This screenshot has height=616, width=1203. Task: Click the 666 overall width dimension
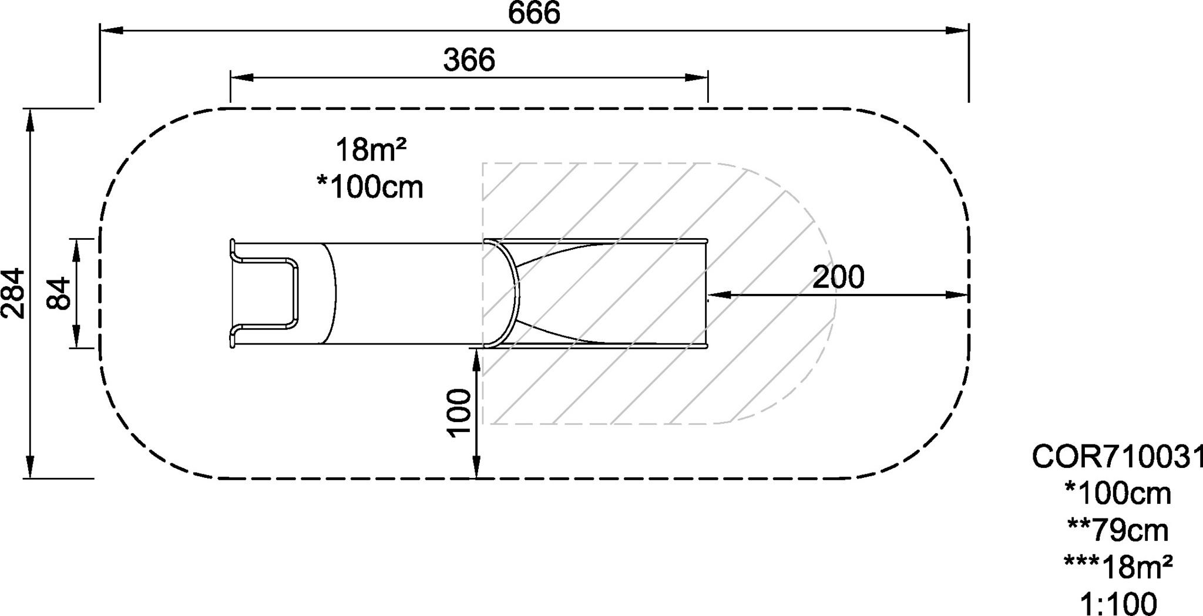point(534,13)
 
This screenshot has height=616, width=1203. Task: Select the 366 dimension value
point(469,60)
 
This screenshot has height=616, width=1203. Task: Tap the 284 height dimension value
point(13,293)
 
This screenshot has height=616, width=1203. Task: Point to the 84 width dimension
point(59,293)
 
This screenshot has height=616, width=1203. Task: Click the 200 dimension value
point(838,277)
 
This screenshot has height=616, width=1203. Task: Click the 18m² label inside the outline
point(371,150)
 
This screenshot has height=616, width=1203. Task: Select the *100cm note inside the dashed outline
point(370,187)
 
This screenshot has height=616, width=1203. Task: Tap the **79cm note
point(1117,531)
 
